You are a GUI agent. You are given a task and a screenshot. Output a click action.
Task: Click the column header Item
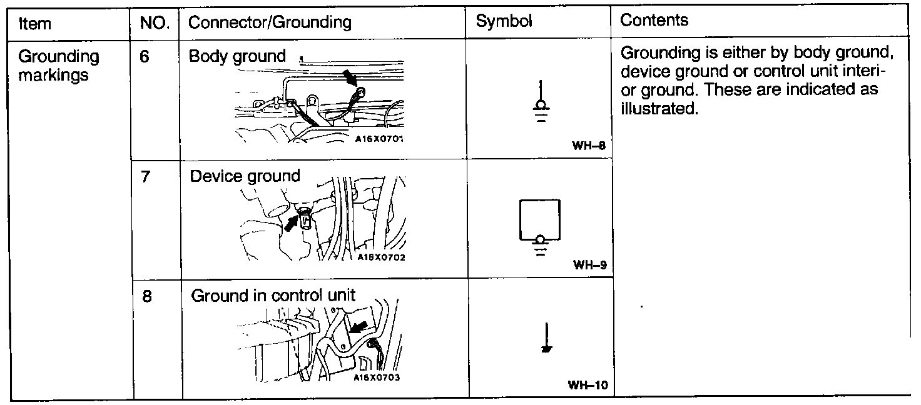tap(35, 24)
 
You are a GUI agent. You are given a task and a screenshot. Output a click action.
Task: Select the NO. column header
tap(155, 24)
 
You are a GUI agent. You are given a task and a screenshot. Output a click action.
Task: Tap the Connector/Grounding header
tap(270, 23)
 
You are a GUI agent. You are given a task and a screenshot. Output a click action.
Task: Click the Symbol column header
tap(504, 21)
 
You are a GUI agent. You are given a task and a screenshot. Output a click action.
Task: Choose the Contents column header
tap(654, 20)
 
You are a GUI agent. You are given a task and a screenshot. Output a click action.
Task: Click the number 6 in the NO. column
tap(145, 56)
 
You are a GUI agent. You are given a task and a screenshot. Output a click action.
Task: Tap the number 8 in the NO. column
tap(146, 296)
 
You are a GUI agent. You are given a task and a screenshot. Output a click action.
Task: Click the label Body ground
tap(237, 56)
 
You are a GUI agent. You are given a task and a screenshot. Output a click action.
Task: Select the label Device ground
tap(245, 176)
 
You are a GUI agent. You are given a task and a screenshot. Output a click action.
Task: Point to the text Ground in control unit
tap(273, 295)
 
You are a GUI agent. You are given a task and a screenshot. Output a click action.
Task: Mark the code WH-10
tap(588, 385)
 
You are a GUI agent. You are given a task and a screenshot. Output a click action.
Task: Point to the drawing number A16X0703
tap(376, 377)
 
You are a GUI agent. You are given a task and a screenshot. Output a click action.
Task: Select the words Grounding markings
tap(59, 66)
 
